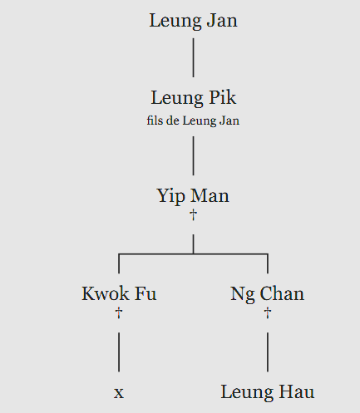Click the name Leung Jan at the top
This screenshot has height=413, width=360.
pos(193,21)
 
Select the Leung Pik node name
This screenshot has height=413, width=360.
pos(193,98)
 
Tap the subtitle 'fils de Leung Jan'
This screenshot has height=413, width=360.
pos(193,120)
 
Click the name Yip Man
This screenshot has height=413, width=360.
pos(193,196)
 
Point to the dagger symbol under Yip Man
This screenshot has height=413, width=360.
pos(193,215)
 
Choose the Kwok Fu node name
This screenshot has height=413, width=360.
pos(119,293)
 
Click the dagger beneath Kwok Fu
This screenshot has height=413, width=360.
pos(119,313)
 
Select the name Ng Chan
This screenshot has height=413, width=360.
pos(268,294)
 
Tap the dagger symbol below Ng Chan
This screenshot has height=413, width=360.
pos(268,313)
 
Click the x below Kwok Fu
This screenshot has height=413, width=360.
pos(119,393)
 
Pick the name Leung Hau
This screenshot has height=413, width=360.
pos(268,392)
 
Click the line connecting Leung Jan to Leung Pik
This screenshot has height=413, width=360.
pos(193,57)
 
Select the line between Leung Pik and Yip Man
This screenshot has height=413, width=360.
pos(193,155)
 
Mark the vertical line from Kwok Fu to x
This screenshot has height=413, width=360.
pos(119,352)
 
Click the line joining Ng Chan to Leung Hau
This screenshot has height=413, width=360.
pos(268,352)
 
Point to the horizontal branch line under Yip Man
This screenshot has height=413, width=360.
pos(193,253)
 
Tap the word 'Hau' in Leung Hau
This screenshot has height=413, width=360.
pos(297,391)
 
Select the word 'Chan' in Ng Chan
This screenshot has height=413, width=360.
pos(282,293)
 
